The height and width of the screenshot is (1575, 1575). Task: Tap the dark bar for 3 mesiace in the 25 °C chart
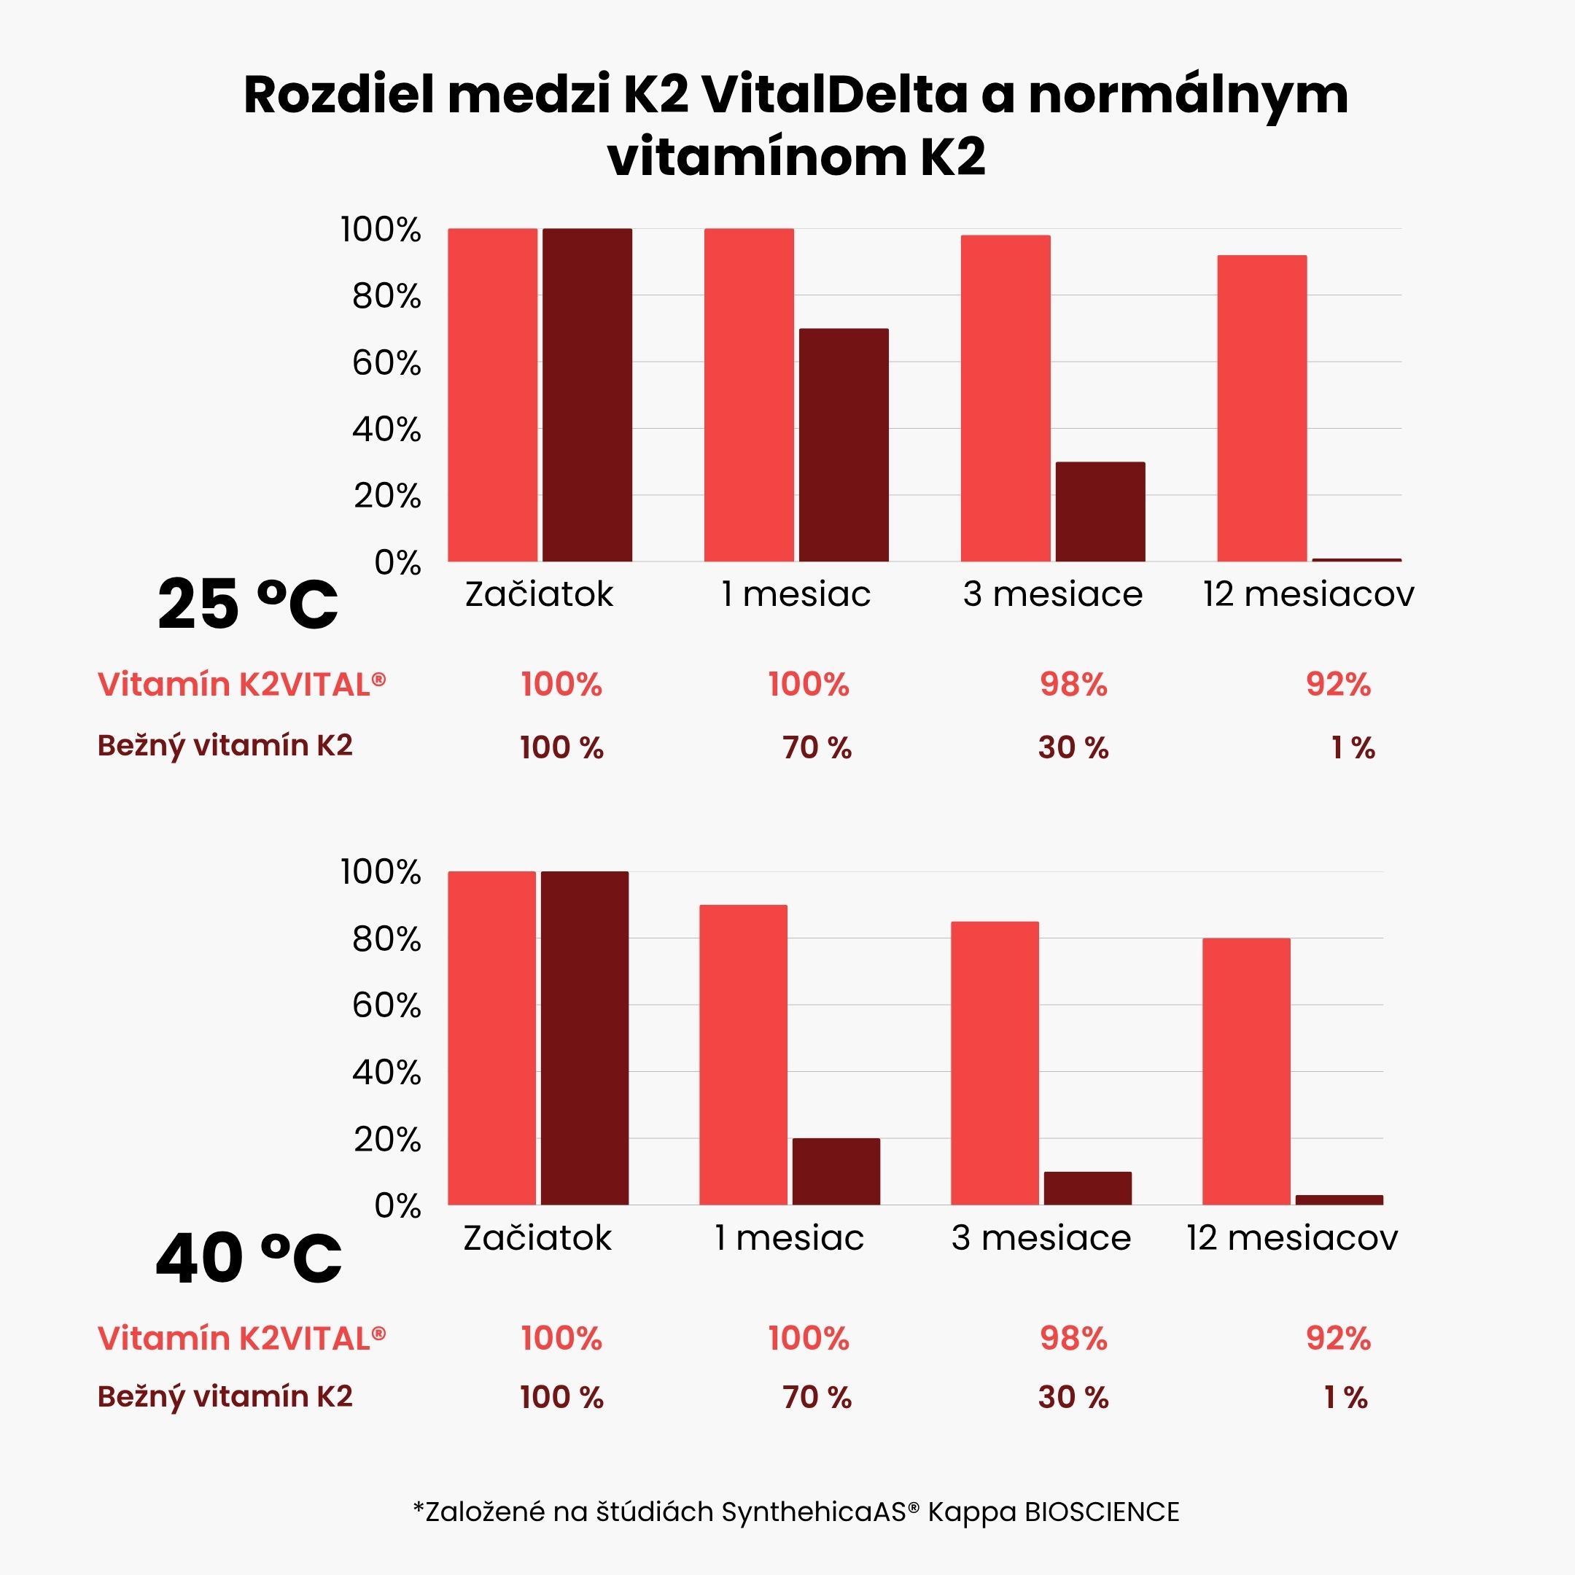pyautogui.click(x=1100, y=512)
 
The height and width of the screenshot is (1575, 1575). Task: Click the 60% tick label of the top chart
pyautogui.click(x=386, y=363)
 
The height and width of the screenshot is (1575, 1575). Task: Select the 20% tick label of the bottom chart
pyautogui.click(x=386, y=1139)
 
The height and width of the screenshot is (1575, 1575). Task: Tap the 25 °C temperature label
pyautogui.click(x=247, y=605)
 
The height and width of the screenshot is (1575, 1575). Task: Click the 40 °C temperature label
pyautogui.click(x=248, y=1259)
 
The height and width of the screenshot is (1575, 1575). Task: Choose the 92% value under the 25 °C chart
pyautogui.click(x=1338, y=684)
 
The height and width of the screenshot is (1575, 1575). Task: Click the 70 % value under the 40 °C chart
pyautogui.click(x=817, y=1397)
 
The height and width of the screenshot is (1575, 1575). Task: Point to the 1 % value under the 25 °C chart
pyautogui.click(x=1353, y=747)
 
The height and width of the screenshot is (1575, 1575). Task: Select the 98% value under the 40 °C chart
pyautogui.click(x=1073, y=1339)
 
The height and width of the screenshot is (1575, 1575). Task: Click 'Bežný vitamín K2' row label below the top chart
pyautogui.click(x=225, y=746)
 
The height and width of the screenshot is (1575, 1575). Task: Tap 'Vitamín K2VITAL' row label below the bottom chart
pyautogui.click(x=241, y=1339)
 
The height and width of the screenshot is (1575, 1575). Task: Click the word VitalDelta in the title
pyautogui.click(x=835, y=96)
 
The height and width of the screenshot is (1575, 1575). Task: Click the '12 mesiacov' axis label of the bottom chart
pyautogui.click(x=1291, y=1237)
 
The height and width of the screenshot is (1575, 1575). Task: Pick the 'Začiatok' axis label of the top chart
pyautogui.click(x=538, y=594)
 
